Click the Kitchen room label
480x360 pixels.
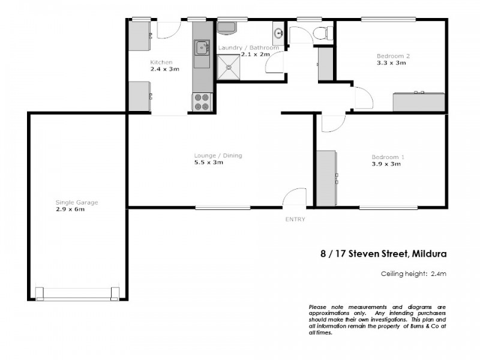(161, 62)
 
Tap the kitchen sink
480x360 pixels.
(202, 47)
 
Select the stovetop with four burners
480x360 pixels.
(202, 102)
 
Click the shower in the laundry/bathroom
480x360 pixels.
(227, 68)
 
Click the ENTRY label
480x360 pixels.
(295, 219)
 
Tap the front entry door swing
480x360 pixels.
(295, 198)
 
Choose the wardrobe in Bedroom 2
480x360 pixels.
(418, 101)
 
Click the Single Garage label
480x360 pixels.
(76, 202)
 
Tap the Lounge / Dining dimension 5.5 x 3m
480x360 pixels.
(208, 163)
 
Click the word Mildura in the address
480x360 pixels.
(430, 253)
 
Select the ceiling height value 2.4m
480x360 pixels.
(439, 274)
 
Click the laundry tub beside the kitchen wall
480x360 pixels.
(227, 28)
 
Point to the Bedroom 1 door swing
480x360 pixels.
(331, 122)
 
